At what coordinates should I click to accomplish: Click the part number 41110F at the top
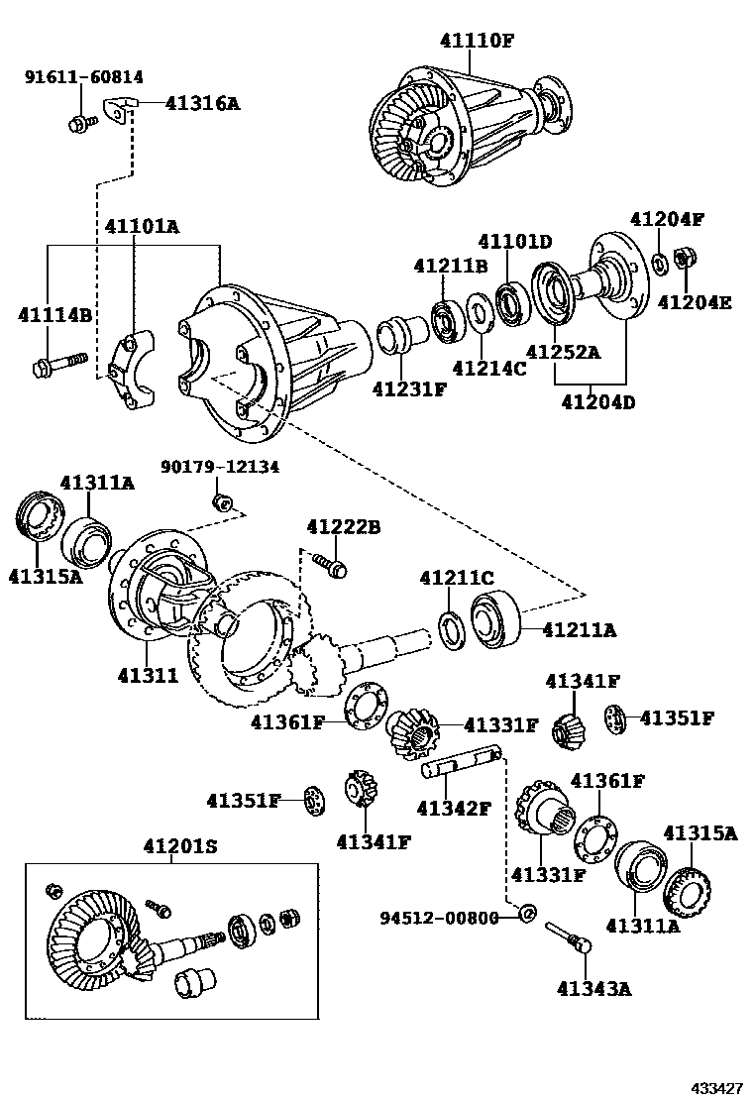coord(478,40)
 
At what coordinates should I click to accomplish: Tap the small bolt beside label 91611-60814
coord(79,123)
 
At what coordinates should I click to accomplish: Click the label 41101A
coord(142,227)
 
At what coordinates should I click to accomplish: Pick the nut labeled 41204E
coord(683,260)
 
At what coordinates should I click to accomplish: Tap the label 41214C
coord(489,369)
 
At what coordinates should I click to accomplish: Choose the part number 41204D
coord(597,401)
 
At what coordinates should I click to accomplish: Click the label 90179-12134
coord(221,466)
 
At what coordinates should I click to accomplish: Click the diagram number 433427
coord(716,1087)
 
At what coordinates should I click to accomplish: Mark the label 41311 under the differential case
coord(148,676)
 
